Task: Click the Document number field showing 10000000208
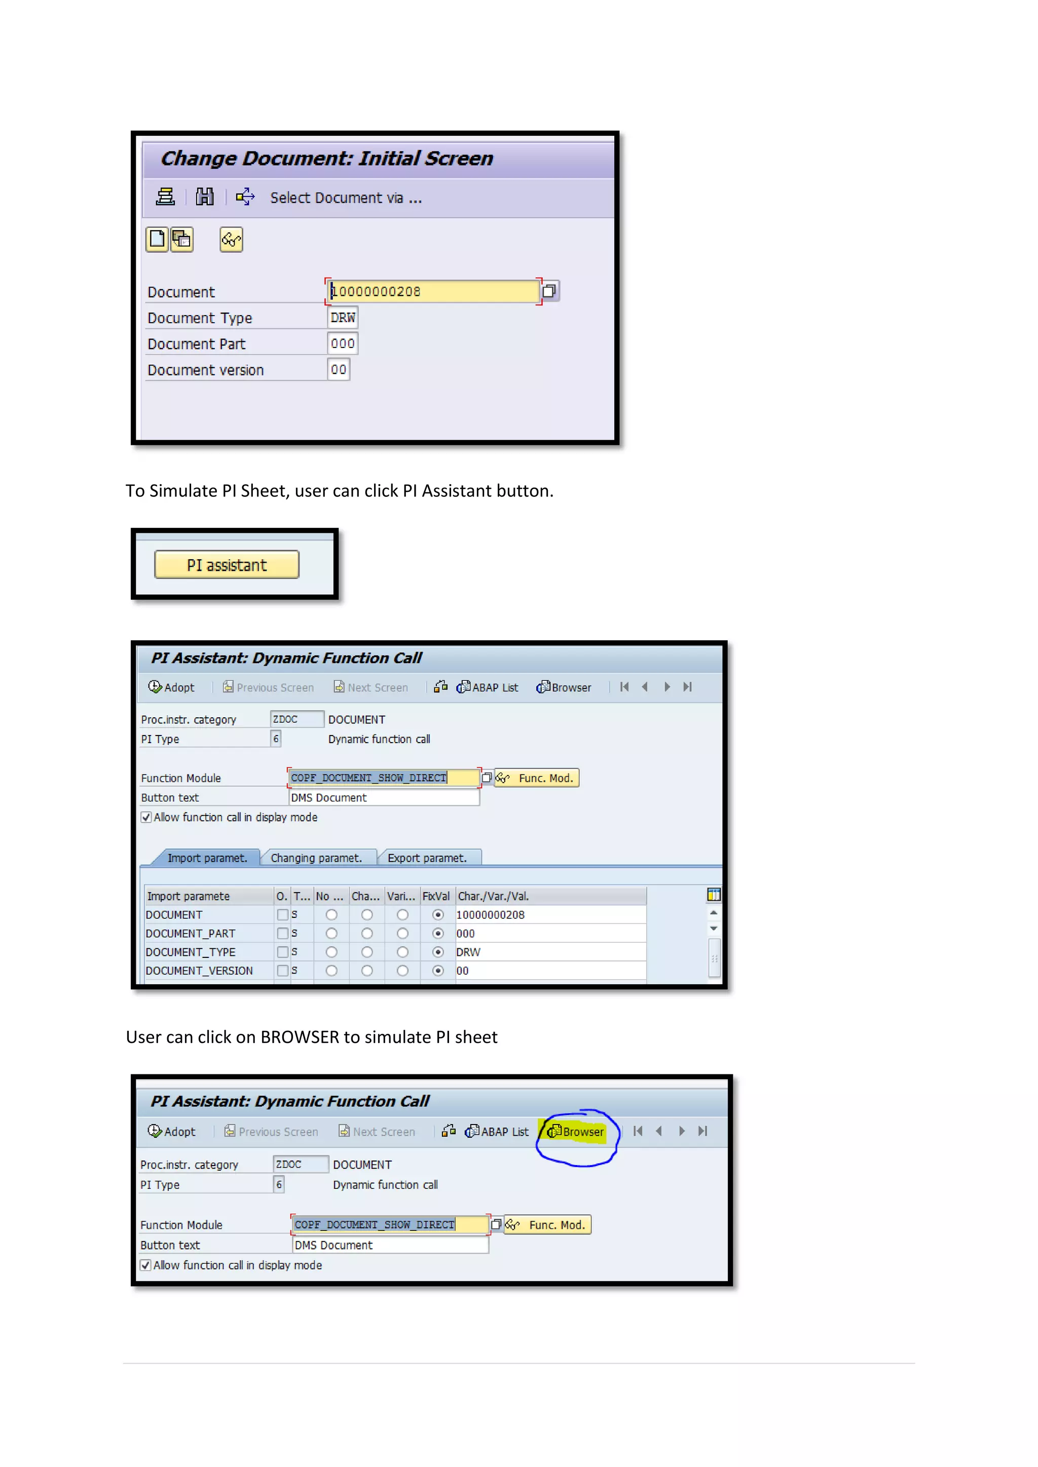[x=433, y=291]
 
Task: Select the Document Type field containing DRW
[x=343, y=318]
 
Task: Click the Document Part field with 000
[x=343, y=344]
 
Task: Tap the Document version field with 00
[x=339, y=369]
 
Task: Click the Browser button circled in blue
[x=576, y=1132]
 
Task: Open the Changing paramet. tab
[x=316, y=858]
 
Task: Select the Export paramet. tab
[x=427, y=858]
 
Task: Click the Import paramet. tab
[x=207, y=858]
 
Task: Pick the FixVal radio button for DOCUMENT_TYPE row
[x=438, y=952]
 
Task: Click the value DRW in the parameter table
[x=468, y=952]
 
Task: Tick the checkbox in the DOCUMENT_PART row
[x=282, y=934]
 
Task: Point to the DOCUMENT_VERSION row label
[x=199, y=971]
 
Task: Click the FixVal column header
[x=436, y=896]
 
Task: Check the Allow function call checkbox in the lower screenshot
[x=146, y=1265]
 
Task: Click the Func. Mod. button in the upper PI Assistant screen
[x=538, y=778]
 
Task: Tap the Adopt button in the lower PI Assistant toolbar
[x=172, y=1132]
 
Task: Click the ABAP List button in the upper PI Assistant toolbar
[x=488, y=687]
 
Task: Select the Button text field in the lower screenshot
[x=390, y=1245]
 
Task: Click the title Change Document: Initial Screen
[x=326, y=159]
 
